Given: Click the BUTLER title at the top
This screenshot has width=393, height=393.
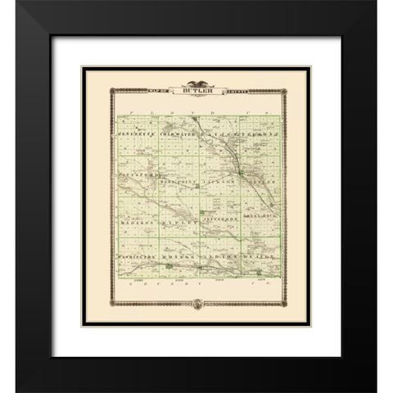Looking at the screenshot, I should (195, 91).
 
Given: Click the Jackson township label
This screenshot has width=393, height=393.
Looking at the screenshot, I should (220, 174).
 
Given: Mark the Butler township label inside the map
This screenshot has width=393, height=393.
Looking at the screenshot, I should (259, 174).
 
